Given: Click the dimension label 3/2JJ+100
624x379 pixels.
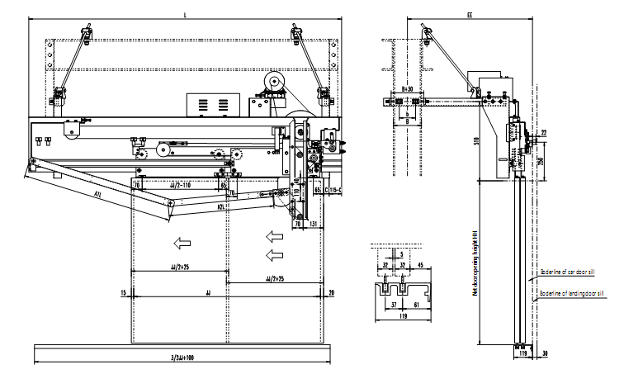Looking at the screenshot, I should pos(182,357).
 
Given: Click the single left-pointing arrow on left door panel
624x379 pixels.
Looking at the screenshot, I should pos(177,243).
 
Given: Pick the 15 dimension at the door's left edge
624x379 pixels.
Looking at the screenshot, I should pos(123,292).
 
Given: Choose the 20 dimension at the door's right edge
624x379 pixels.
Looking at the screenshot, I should pos(330,292).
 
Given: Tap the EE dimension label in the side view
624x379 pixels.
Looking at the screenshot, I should pos(470,16).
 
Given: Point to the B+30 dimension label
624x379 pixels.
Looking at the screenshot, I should pos(406,87).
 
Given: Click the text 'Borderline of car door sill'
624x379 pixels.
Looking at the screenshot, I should pos(570,270).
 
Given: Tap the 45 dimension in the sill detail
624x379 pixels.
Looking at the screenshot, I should pos(420,265).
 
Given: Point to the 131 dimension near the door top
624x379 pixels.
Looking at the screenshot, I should pos(313,223).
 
